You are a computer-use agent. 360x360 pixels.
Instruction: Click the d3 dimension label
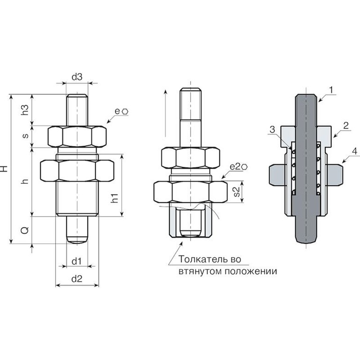coord(77,77)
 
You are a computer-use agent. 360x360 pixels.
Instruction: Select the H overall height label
coord(5,169)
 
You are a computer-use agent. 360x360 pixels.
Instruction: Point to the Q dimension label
coord(25,230)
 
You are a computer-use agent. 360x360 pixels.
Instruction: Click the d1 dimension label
coord(77,261)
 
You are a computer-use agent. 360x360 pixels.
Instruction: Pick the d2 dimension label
coord(77,279)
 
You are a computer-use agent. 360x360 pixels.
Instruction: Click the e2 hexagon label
coord(239,167)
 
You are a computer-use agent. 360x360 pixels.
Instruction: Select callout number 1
coord(331,90)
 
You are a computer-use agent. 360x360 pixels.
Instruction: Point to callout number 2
coord(346,126)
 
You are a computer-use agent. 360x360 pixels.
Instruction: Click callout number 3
coord(272,129)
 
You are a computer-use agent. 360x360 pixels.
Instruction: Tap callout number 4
coord(355,151)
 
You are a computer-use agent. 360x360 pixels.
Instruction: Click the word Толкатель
coord(202,259)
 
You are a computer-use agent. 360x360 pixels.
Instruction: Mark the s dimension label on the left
coord(25,135)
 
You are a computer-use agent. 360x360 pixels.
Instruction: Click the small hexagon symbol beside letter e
coord(125,112)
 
